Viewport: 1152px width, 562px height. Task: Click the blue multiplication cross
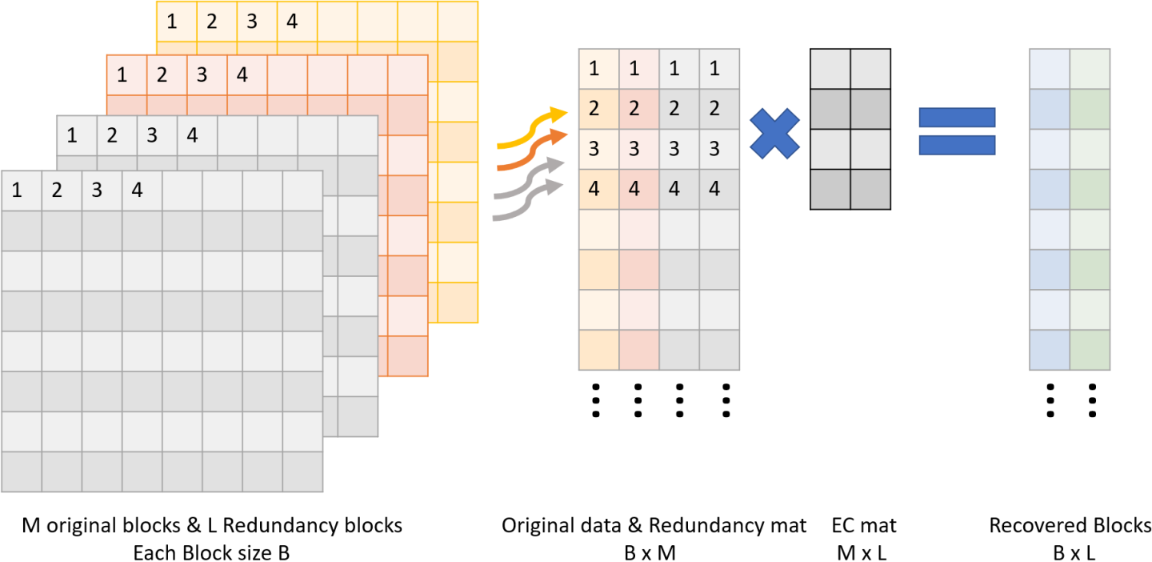click(775, 132)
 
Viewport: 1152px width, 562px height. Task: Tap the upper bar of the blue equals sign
click(957, 118)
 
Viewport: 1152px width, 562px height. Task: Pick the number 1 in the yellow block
click(172, 22)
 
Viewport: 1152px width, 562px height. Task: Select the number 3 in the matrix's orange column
click(634, 150)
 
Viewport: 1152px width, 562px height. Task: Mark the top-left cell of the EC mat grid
click(830, 69)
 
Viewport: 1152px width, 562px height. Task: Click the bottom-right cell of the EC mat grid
click(870, 190)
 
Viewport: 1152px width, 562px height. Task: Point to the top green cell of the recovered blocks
click(1090, 69)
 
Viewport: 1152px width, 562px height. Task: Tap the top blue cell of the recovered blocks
click(1050, 69)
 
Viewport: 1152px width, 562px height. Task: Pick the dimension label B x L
click(1070, 552)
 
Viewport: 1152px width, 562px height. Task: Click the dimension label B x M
click(654, 552)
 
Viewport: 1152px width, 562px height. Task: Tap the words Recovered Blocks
click(1070, 526)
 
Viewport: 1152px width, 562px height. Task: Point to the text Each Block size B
click(211, 552)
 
